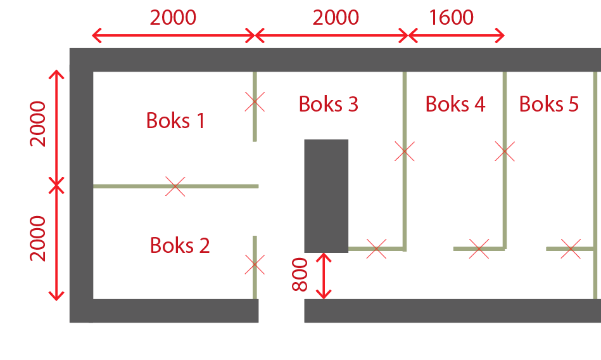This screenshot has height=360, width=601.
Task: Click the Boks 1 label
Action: click(175, 120)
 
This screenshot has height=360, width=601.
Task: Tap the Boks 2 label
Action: click(180, 245)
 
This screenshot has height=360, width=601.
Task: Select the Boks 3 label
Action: click(329, 104)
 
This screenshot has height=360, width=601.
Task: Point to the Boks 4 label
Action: click(455, 104)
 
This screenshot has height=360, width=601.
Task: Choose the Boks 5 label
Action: click(549, 104)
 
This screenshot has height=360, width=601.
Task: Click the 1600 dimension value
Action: click(451, 17)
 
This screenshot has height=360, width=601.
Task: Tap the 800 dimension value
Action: click(300, 274)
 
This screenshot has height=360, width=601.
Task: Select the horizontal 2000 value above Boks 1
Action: click(173, 17)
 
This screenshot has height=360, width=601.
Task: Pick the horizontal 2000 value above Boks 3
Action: click(336, 17)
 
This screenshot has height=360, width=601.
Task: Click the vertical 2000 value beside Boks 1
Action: click(39, 124)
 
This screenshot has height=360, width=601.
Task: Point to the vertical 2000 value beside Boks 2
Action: click(39, 238)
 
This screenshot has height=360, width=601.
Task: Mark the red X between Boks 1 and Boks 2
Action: click(175, 186)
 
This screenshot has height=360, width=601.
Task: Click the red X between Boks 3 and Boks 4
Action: click(404, 151)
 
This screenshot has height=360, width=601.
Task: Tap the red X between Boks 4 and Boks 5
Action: click(505, 151)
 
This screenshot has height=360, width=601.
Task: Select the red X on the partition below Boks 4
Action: click(479, 249)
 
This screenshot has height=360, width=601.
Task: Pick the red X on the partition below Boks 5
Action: click(571, 249)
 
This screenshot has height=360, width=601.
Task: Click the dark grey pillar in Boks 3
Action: click(326, 196)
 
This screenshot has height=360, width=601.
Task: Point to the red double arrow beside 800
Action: click(324, 276)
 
